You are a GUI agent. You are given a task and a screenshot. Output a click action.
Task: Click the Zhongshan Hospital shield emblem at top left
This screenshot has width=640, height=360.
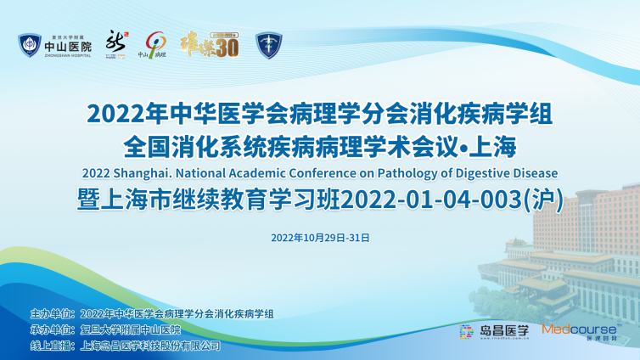click(29, 45)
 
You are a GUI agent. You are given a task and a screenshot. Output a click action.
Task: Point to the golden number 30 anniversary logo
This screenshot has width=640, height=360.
click(210, 44)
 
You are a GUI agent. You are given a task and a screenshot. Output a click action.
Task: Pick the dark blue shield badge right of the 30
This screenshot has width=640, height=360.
click(268, 45)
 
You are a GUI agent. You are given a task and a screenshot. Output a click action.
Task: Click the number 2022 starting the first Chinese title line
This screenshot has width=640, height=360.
click(116, 111)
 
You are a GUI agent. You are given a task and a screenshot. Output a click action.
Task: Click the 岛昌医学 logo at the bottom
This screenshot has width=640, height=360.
click(493, 331)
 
